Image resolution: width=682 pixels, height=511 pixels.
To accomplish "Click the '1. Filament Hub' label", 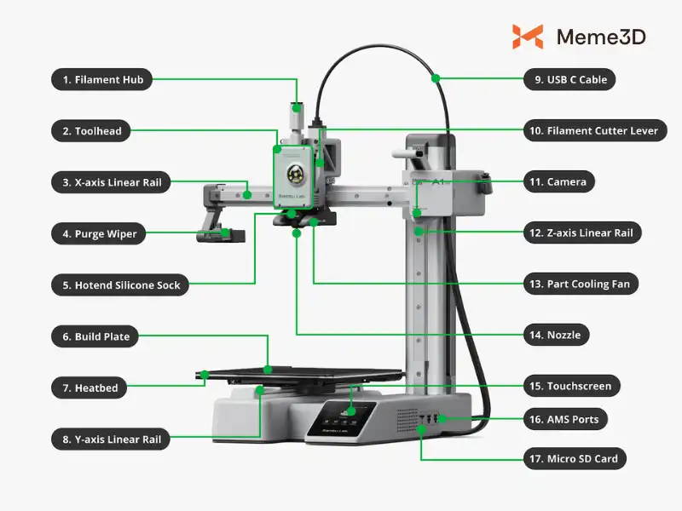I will coord(101,80).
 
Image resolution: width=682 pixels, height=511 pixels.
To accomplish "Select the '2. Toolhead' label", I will coord(91,131).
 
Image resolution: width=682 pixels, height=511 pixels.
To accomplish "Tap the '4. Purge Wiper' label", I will coord(99,233).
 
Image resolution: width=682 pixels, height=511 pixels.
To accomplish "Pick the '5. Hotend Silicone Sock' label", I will coord(121,285).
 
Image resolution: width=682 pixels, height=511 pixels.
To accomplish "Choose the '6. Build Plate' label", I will coord(95,336).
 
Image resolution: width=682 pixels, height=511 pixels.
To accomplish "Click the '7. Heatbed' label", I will coord(90,388).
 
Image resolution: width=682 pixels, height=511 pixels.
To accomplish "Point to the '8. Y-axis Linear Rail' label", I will coord(111,439).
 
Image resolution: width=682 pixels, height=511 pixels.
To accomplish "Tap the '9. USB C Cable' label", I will coord(569,80).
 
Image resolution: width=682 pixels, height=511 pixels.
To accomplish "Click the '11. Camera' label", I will coord(559,181).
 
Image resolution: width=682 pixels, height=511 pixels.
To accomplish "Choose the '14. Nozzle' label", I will coord(556,335).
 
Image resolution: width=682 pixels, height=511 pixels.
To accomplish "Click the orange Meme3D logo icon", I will coord(528,37).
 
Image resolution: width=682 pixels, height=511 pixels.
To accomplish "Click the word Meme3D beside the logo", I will coord(601,37).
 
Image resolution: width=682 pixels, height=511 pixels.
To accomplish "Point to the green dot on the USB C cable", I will coord(435,78).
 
